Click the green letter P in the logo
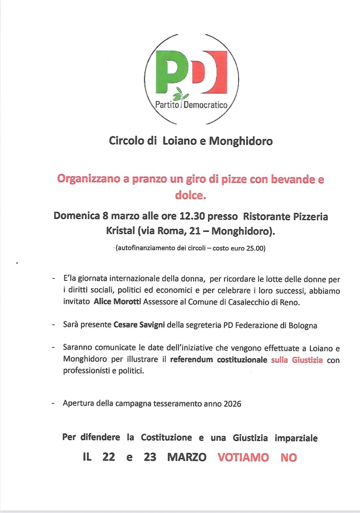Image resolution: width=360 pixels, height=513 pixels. pyautogui.click(x=170, y=70)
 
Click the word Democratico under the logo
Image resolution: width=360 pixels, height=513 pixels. pyautogui.click(x=205, y=105)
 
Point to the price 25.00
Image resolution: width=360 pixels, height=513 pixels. pyautogui.click(x=256, y=248)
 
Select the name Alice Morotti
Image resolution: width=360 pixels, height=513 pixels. pyautogui.click(x=117, y=302)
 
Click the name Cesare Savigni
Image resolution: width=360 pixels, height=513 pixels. pyautogui.click(x=139, y=325)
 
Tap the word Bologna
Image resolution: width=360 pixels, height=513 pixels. pyautogui.click(x=303, y=325)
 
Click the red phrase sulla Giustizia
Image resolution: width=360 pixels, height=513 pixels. pyautogui.click(x=297, y=360)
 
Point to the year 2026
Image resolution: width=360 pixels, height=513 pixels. pyautogui.click(x=232, y=404)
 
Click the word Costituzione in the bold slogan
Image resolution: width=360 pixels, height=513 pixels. pyautogui.click(x=166, y=438)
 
